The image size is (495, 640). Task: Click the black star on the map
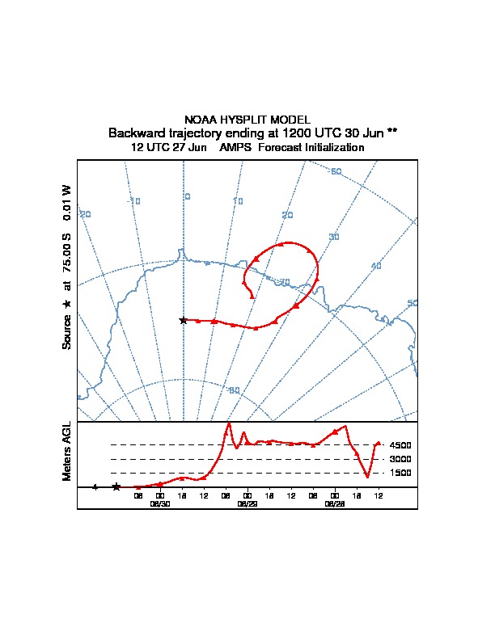184,320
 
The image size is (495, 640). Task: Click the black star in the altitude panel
116,486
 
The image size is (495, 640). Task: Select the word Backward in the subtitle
137,133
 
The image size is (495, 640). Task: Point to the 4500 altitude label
400,445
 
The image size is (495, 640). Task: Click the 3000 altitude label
400,459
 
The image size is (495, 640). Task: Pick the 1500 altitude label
400,473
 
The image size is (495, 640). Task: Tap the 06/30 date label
160,503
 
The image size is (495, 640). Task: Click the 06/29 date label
247,503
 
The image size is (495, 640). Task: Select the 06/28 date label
335,503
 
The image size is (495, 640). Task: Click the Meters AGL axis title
67,451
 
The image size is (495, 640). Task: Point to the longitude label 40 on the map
375,266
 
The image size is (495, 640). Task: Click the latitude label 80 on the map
235,391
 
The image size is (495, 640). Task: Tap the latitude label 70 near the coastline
284,281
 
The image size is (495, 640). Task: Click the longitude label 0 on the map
188,196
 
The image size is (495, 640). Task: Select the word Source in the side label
67,331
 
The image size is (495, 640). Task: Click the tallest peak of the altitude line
229,423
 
